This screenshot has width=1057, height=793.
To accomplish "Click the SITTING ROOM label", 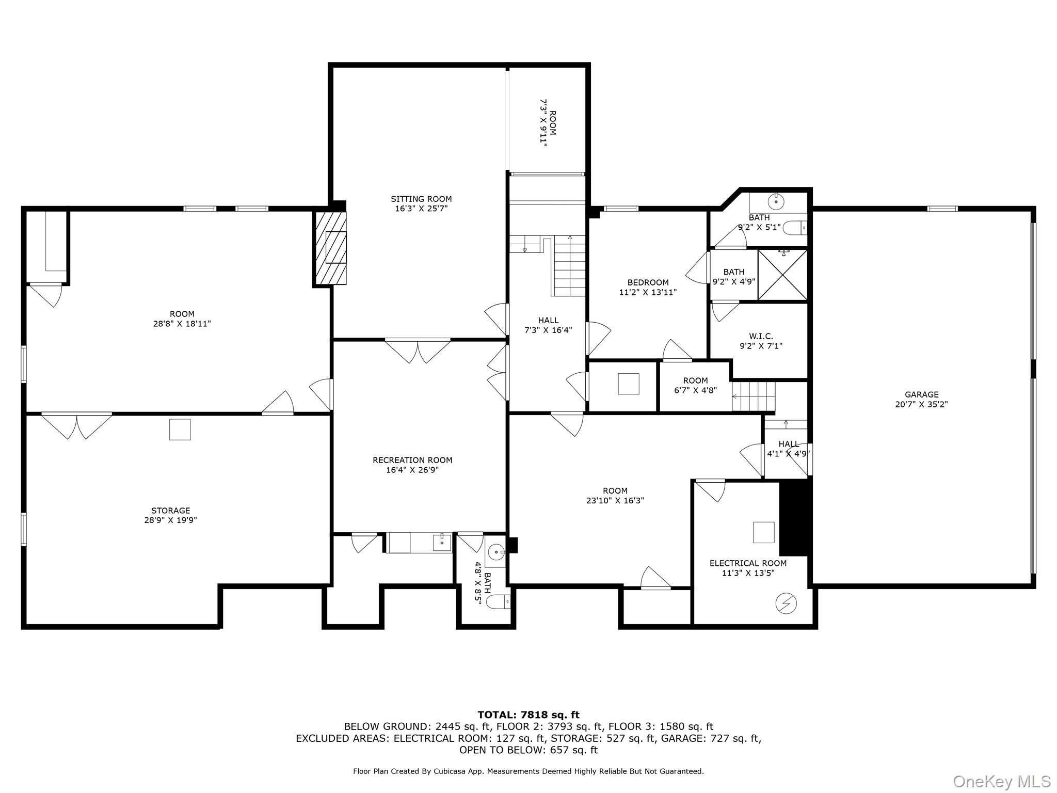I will [421, 199].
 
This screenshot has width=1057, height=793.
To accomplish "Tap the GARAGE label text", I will [921, 394].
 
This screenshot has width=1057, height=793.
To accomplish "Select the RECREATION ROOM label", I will [412, 460].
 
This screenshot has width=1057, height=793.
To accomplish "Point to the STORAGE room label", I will [170, 511].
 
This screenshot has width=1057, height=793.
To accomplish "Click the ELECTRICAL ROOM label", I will [748, 563].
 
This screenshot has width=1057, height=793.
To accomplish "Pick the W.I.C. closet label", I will [761, 336].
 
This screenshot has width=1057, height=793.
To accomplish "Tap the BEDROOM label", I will [648, 282].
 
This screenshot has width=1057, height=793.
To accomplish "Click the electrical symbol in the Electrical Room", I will [786, 603].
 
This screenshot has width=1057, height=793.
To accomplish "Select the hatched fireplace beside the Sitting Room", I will [330, 248].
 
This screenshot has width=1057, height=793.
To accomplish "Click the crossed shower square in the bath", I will [782, 275].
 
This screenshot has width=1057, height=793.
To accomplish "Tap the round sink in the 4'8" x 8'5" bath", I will [497, 552].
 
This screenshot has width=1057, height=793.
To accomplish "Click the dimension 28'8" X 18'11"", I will [182, 324].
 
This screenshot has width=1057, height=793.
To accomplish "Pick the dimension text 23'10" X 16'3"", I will [615, 500].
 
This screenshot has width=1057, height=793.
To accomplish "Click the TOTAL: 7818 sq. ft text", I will [528, 715].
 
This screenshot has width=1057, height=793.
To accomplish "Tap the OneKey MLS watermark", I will [1001, 781].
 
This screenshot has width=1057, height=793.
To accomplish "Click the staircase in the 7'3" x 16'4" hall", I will [569, 266].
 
